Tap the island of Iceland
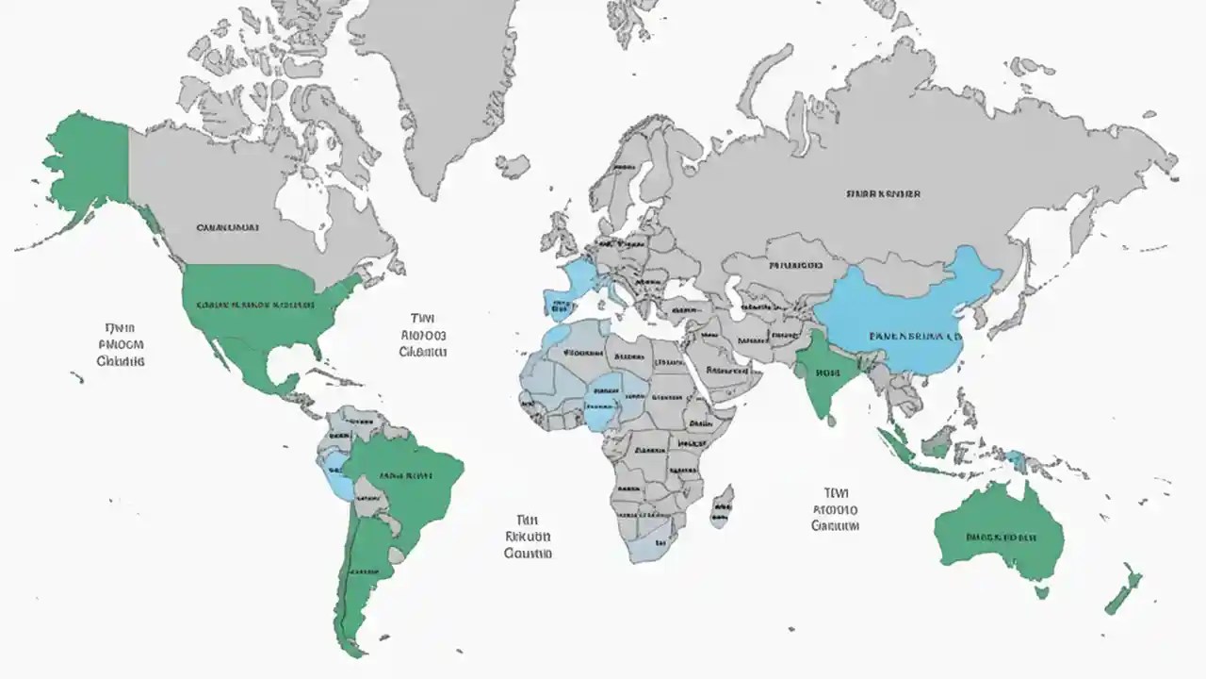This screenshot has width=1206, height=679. click(x=513, y=167)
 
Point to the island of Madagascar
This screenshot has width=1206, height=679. click(x=721, y=506)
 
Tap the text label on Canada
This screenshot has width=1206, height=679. click(x=228, y=227)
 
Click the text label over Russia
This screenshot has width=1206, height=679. click(x=883, y=194)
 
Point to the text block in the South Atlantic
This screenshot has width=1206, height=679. click(x=528, y=537)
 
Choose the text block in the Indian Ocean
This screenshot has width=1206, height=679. click(x=835, y=509)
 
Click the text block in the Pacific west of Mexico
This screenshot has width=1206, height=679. click(x=121, y=344)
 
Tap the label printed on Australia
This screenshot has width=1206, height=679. click(x=1002, y=538)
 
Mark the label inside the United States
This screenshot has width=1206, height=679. click(x=254, y=306)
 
